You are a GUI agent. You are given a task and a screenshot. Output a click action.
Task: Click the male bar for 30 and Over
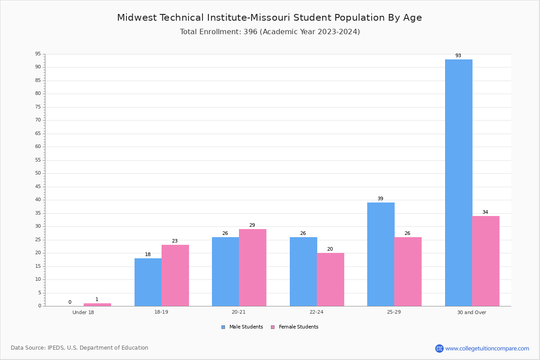(x=459, y=183)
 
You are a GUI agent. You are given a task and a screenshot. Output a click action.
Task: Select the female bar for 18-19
(x=175, y=275)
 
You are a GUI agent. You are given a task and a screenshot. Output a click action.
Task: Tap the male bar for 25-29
(x=381, y=254)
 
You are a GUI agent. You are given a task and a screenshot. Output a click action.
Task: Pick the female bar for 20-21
(x=252, y=268)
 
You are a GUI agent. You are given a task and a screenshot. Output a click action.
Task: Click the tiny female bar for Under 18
(x=97, y=305)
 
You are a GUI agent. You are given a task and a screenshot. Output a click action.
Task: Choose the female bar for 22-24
(x=330, y=280)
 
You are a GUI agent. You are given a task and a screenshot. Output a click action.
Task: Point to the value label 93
(x=458, y=55)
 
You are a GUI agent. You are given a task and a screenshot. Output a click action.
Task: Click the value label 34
(x=485, y=212)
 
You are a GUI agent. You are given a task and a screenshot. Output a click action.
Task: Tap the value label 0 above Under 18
(x=70, y=302)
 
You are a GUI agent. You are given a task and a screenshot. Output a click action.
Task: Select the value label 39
(x=380, y=198)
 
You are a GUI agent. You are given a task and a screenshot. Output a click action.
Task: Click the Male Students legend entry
(x=242, y=327)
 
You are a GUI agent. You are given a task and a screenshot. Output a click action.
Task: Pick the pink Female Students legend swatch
(x=273, y=327)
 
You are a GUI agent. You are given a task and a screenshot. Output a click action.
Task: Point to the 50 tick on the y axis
(x=38, y=173)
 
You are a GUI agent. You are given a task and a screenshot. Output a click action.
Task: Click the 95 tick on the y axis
(x=38, y=54)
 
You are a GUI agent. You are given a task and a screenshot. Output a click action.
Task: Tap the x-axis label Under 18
(x=83, y=312)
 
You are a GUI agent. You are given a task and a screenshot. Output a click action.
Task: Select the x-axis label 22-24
(x=316, y=312)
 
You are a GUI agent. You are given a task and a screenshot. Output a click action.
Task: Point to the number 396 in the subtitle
(x=251, y=32)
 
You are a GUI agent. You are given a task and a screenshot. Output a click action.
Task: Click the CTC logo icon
(x=439, y=348)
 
